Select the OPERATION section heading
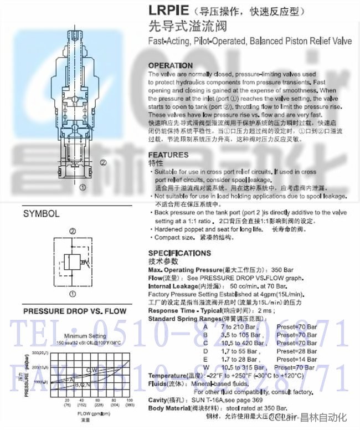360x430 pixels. [171, 65]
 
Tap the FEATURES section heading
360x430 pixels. [168, 155]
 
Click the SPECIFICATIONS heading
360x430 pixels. [179, 253]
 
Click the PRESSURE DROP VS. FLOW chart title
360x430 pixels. [74, 311]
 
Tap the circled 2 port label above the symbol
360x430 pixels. [72, 231]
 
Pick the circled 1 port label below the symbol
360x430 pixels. [72, 294]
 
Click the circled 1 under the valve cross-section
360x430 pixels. [83, 187]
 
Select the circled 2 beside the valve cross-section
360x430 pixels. [103, 162]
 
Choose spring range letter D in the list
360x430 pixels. [205, 351]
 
